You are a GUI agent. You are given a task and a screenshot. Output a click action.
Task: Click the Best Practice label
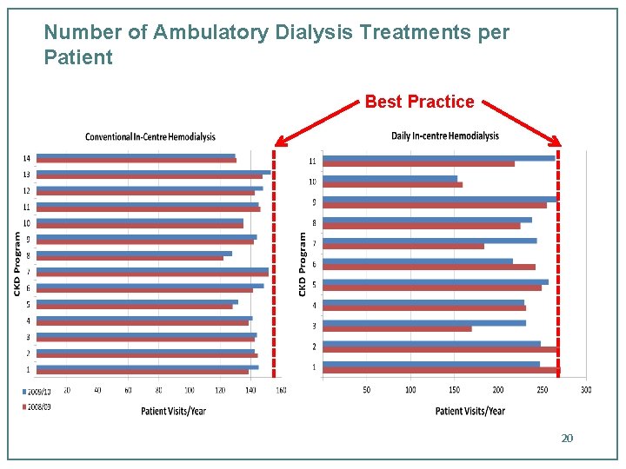click(x=419, y=102)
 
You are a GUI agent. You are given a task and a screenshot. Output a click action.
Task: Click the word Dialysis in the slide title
click(x=311, y=33)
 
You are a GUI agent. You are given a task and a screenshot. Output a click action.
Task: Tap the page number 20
click(x=567, y=438)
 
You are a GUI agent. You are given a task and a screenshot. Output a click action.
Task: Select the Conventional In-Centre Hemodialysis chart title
click(x=150, y=136)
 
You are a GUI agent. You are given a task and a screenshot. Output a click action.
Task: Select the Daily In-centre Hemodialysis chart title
click(x=445, y=135)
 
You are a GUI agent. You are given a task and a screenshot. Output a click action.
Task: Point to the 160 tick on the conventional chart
click(x=281, y=390)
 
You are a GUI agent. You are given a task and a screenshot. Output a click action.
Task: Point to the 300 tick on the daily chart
click(x=586, y=390)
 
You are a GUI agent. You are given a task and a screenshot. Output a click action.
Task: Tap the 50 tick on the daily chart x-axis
click(x=367, y=390)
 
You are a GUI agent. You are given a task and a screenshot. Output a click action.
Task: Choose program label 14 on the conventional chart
click(x=27, y=158)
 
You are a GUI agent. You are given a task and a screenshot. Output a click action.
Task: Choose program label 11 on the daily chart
click(x=312, y=162)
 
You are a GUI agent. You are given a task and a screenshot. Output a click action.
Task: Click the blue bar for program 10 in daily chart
click(x=390, y=179)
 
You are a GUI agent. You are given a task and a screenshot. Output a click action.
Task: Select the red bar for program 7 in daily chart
click(x=403, y=246)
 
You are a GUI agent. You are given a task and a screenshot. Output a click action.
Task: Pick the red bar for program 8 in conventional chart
click(x=130, y=258)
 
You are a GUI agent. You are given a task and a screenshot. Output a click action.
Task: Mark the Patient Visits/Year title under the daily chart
click(x=469, y=411)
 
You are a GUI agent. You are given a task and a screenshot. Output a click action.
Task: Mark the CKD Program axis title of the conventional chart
click(x=17, y=262)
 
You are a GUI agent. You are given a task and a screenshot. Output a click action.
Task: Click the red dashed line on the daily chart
click(x=558, y=261)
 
